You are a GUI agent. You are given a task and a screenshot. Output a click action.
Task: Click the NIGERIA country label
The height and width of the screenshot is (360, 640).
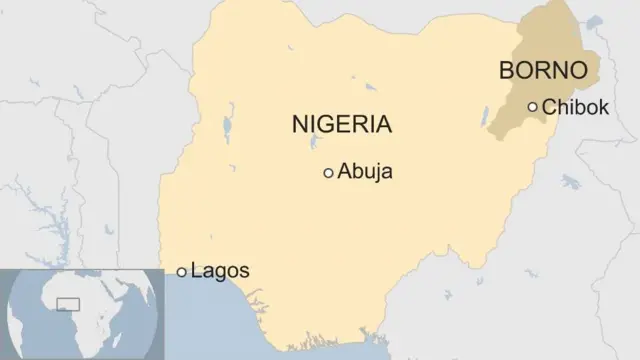coord(341,125)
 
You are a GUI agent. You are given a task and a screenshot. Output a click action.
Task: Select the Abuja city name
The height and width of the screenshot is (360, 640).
coord(365,172)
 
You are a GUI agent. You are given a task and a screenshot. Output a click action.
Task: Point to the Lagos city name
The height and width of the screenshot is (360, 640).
coord(219,270)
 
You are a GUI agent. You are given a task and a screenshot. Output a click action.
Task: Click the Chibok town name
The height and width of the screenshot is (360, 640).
coord(574,107)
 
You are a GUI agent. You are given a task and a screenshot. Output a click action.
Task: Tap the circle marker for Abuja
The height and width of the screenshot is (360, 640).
coord(328,173)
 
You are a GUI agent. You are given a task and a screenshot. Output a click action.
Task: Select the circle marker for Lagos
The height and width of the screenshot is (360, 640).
coord(181,271)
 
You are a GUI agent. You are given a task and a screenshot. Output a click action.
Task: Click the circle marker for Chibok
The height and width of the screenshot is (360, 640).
coord(533,107)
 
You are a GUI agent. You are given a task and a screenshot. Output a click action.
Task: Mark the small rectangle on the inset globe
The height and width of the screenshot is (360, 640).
coord(69,302)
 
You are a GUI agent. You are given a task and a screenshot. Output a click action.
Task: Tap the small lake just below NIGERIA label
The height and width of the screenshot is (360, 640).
coord(315,148)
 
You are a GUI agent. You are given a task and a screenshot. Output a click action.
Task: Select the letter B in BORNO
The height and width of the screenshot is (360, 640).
coord(506,70)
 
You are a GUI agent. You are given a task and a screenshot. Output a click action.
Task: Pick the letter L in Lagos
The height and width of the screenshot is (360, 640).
coord(196,270)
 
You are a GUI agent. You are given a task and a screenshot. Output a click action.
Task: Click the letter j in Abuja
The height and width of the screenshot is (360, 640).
coord(376,173)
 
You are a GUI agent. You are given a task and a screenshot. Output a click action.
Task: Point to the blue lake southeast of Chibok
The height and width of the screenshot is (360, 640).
coord(571,182)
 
